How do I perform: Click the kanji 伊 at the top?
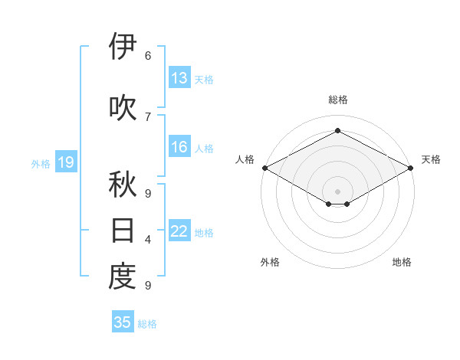pyautogui.click(x=123, y=47)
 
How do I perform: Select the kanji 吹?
pyautogui.click(x=123, y=108)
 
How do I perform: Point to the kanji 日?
pyautogui.click(x=123, y=231)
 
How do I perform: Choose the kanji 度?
pyautogui.click(x=123, y=277)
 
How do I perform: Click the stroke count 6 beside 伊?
pyautogui.click(x=148, y=56)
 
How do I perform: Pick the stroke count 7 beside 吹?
pyautogui.click(x=148, y=116)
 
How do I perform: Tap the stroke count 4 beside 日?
pyautogui.click(x=148, y=240)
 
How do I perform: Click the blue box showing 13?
pyautogui.click(x=179, y=78)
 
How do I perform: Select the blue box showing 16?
pyautogui.click(x=179, y=147)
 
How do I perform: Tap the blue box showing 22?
pyautogui.click(x=179, y=231)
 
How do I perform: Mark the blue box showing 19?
pyautogui.click(x=65, y=162)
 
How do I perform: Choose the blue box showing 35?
pyautogui.click(x=123, y=322)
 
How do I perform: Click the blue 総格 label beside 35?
pyautogui.click(x=147, y=324)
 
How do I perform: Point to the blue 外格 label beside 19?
pyautogui.click(x=41, y=164)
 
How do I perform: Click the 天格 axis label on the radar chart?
pyautogui.click(x=431, y=159)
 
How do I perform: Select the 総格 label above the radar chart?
pyautogui.click(x=337, y=100)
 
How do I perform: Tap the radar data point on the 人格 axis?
pyautogui.click(x=264, y=168)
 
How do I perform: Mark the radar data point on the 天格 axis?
pyautogui.click(x=412, y=168)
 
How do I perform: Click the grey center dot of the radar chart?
pyautogui.click(x=337, y=190)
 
